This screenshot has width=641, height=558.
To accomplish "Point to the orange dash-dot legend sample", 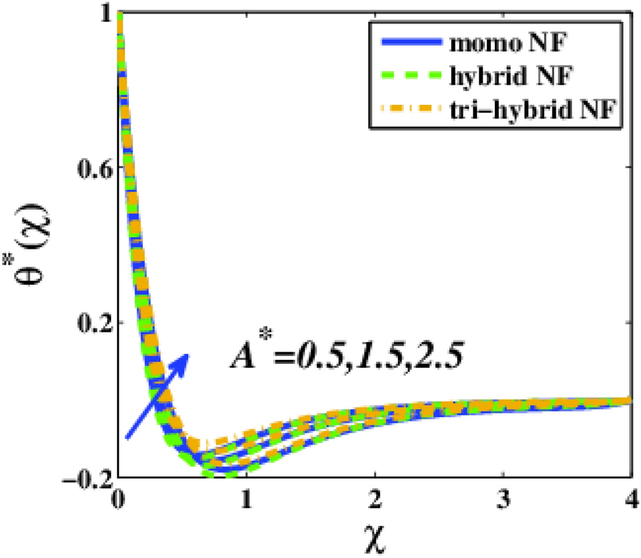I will (x=404, y=114).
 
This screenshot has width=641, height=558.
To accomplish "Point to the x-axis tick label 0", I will (x=118, y=499).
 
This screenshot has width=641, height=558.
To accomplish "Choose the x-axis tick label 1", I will (x=246, y=499).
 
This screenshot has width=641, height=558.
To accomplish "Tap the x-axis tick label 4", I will (x=631, y=499).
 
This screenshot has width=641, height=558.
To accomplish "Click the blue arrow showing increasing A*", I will (x=156, y=395).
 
